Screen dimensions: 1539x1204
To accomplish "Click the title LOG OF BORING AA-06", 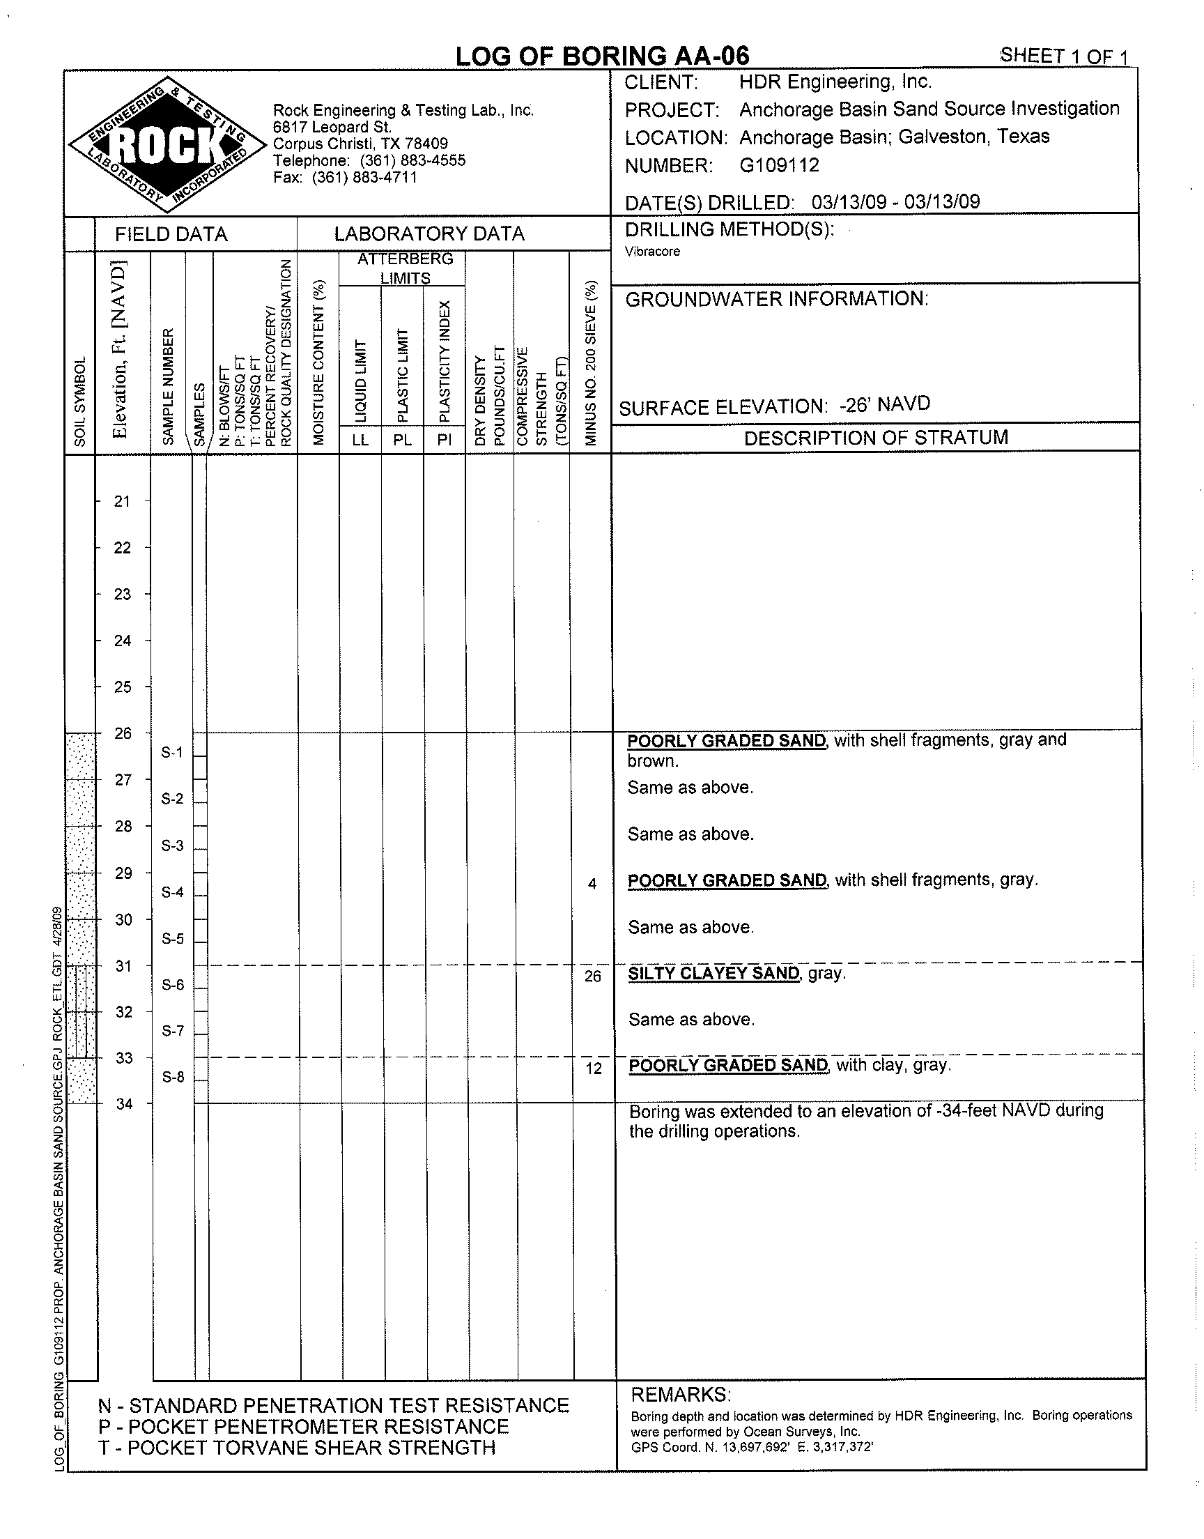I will coord(602,56).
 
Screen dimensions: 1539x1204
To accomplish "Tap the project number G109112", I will coord(779,166).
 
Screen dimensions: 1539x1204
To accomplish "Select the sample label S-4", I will coord(172,892).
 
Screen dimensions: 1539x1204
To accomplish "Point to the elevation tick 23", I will coord(123,595).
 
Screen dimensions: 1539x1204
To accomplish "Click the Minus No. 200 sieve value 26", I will coord(593,976).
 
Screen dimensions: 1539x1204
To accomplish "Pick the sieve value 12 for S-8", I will coord(594,1069).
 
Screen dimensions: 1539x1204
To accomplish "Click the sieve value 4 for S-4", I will coord(592,884).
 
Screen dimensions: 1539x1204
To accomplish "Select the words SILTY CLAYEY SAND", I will coord(713,974).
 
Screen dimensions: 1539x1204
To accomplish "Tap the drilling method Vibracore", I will coord(652,252).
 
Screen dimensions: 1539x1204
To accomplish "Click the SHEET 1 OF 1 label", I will coord(1065,56).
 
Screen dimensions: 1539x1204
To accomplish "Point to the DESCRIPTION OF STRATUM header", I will coord(876,438).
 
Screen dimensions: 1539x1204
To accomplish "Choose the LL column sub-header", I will coord(360,441).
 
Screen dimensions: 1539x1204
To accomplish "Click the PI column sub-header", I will coord(444,441).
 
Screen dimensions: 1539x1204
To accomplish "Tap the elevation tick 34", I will coord(124,1104).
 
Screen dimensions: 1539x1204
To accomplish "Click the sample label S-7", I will coord(173,1032).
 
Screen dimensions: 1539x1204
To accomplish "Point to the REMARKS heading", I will coord(680,1395).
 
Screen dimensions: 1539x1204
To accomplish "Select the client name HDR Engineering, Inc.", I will coord(835,82).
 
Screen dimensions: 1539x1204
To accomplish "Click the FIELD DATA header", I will coord(171,234).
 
